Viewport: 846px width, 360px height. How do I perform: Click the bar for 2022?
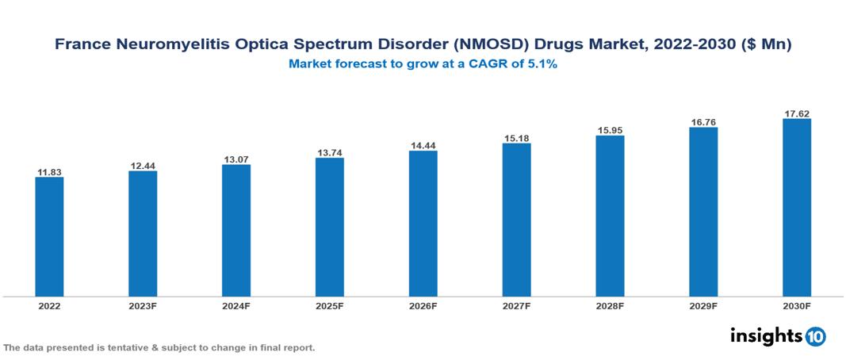(49, 236)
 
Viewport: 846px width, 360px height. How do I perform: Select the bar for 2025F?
(329, 227)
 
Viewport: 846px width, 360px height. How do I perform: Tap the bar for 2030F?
(796, 207)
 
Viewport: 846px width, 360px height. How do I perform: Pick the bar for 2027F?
(516, 220)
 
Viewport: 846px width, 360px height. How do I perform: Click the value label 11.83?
(49, 171)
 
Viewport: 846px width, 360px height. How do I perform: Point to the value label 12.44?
(143, 165)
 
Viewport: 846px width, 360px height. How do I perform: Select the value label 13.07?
(236, 159)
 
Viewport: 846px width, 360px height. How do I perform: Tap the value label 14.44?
(423, 145)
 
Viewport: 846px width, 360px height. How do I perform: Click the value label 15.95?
(610, 129)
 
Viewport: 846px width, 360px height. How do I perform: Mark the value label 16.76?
(703, 121)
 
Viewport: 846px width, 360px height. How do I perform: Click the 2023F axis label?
(143, 305)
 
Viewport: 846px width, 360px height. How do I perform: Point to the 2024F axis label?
(236, 305)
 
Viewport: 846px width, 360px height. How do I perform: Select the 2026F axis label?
(423, 305)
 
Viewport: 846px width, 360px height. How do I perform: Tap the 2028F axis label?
(610, 305)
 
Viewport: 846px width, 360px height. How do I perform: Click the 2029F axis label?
(703, 305)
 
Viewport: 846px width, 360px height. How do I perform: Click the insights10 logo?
(778, 335)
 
